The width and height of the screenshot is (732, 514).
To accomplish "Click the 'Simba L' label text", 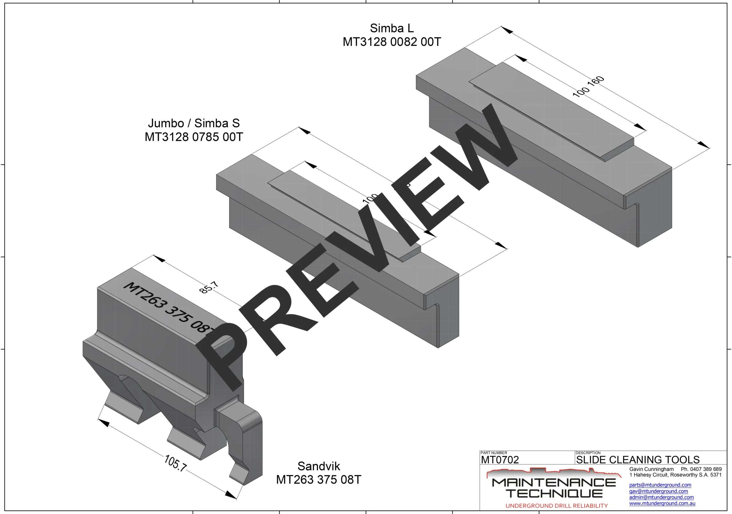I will tap(392, 28).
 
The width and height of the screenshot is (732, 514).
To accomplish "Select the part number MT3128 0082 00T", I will tap(392, 42).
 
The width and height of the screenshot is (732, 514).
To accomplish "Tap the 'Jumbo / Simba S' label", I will tap(194, 123).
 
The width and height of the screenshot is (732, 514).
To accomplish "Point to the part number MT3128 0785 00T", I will tap(194, 137).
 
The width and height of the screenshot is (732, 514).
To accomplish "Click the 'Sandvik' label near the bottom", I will tap(319, 466).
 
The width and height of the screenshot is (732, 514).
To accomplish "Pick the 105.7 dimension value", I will tap(175, 463).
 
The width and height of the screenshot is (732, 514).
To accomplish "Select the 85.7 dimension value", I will tap(209, 287).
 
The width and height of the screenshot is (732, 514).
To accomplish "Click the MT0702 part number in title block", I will tap(500, 460).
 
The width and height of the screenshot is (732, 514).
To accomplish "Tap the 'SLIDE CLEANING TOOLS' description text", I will tap(638, 460).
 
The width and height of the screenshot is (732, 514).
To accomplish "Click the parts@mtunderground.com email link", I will tap(660, 485).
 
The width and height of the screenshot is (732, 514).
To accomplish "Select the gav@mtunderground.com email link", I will tap(658, 491).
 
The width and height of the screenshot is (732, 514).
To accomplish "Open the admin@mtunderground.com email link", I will tap(661, 497).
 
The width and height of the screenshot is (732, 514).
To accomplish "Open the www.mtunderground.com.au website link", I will tap(662, 503).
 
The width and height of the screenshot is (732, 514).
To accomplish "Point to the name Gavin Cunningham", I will tap(651, 469).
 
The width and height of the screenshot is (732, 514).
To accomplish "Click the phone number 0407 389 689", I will tap(705, 469).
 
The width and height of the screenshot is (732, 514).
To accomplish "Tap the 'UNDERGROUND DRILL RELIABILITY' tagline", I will tap(557, 506).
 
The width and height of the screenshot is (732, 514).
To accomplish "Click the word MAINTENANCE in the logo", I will tap(554, 483).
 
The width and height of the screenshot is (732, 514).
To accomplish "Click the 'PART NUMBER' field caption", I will tap(494, 453).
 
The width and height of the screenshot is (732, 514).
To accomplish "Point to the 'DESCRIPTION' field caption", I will tap(588, 453).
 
